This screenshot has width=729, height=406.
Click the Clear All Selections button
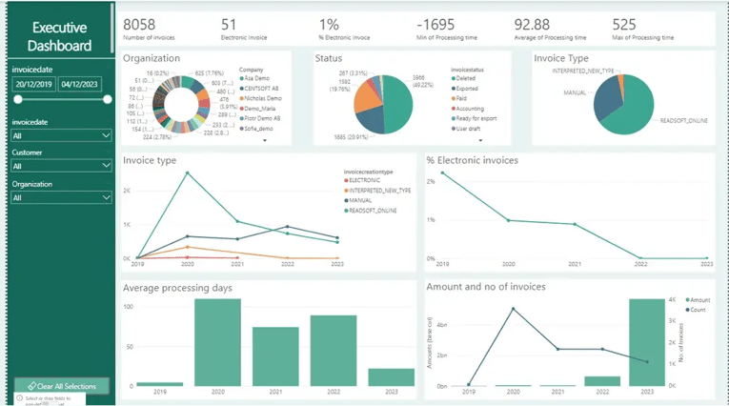[62, 385]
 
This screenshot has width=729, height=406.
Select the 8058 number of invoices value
[139, 24]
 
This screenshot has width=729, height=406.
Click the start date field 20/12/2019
[33, 84]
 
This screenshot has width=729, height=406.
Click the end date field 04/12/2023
[81, 84]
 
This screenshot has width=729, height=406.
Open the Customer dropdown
[62, 166]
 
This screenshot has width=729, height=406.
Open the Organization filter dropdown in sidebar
[62, 197]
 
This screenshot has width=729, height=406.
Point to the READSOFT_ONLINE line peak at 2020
[187, 173]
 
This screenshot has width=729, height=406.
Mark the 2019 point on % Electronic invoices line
[443, 173]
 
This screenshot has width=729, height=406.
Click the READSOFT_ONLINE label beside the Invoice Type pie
[683, 121]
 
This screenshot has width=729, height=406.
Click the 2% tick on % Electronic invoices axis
[431, 181]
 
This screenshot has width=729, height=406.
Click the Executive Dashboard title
[59, 36]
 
